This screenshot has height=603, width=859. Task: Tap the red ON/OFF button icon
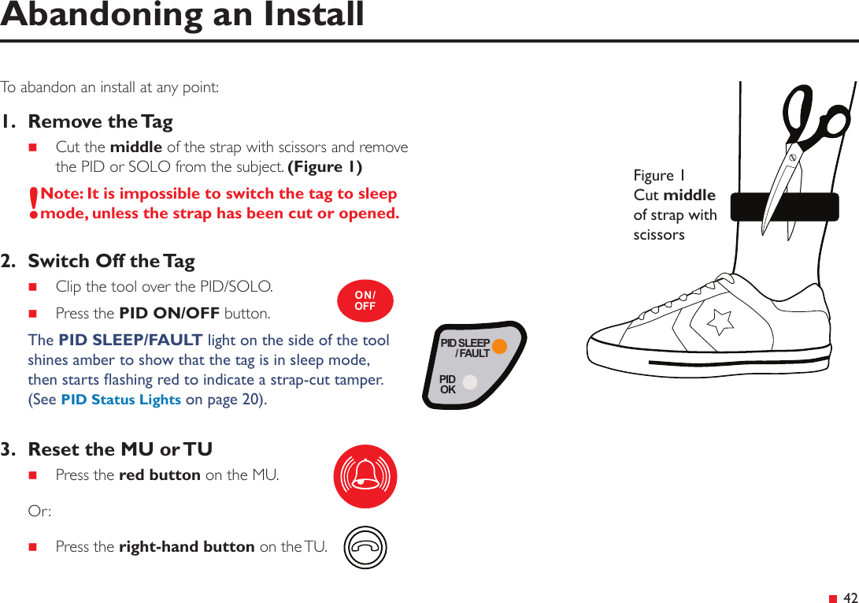(x=365, y=301)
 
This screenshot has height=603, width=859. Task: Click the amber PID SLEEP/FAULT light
(x=499, y=347)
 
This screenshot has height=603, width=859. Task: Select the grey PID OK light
(x=470, y=382)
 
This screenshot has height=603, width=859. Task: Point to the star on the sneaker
(x=720, y=321)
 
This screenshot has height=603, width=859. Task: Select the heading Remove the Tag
(x=100, y=121)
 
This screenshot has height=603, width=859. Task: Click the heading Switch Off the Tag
(x=111, y=261)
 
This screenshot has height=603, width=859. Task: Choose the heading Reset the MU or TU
(x=120, y=449)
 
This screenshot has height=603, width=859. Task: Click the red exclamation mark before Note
(x=33, y=203)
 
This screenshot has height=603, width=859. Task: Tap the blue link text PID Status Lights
(x=121, y=400)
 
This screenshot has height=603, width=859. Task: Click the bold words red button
(x=159, y=475)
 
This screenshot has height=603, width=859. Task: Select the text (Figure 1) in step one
(x=325, y=167)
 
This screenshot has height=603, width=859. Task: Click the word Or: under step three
(x=39, y=511)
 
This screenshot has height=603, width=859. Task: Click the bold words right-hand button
(x=186, y=546)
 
